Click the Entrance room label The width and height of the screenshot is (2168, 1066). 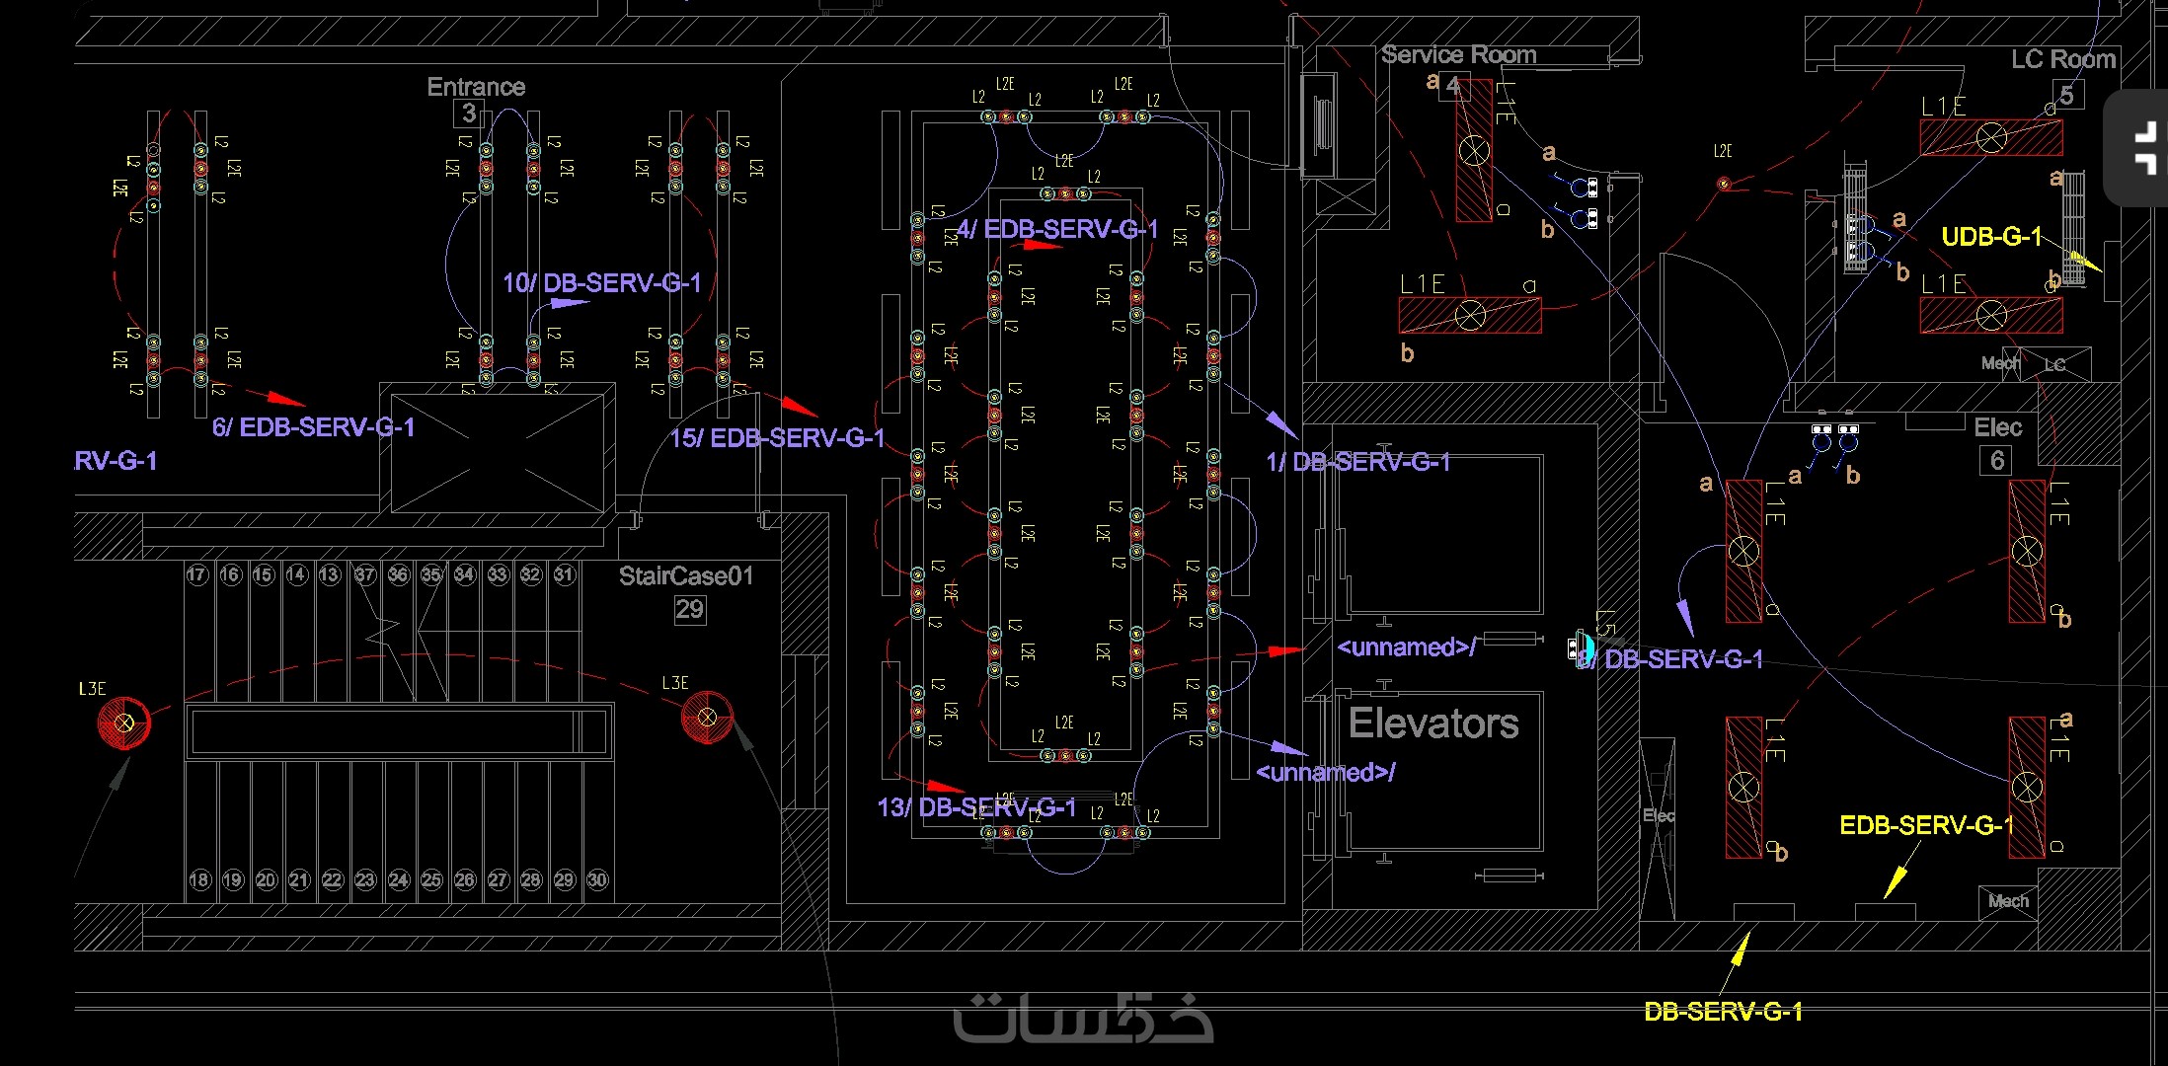[476, 87]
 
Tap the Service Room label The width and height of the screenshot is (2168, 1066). [1458, 55]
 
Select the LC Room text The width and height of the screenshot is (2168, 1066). [2063, 59]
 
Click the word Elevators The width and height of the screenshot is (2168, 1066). [1433, 723]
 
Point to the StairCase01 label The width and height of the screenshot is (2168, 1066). [685, 576]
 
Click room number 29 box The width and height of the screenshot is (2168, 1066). [689, 609]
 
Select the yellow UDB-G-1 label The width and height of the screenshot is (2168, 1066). [1991, 237]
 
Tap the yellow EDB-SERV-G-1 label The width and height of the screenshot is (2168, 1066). [1926, 825]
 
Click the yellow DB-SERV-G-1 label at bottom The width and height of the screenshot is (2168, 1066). [1723, 1012]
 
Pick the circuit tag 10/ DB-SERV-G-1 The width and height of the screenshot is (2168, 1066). [601, 283]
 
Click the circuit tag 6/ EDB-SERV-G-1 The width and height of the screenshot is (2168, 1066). [313, 427]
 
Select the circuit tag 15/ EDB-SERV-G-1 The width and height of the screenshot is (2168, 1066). [777, 438]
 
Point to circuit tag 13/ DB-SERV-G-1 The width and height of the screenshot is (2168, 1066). [976, 807]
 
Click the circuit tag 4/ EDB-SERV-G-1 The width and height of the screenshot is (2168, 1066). [1056, 230]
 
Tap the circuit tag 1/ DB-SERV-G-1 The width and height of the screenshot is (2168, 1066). [1357, 462]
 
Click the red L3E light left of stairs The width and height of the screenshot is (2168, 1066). [124, 723]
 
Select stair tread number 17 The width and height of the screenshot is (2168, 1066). [197, 574]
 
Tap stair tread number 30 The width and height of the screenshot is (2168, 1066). [597, 879]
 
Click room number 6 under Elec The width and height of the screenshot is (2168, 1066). [1997, 460]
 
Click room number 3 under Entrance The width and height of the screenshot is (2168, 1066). [469, 114]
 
